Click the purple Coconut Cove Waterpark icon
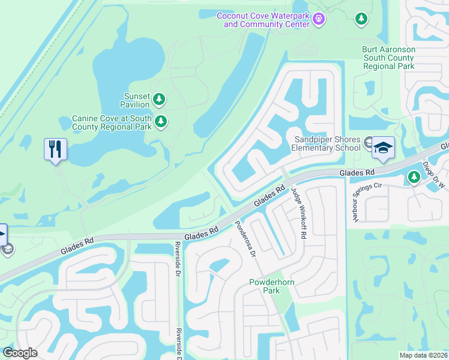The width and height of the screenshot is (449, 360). [319, 20]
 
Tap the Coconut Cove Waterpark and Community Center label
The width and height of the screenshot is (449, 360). [264, 20]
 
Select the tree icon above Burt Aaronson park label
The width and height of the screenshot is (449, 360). [361, 20]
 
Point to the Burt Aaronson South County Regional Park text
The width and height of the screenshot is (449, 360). [388, 58]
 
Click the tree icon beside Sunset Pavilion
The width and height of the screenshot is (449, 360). [158, 98]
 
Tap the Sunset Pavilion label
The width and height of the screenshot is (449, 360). [136, 100]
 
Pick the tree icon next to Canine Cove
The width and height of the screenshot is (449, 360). [160, 122]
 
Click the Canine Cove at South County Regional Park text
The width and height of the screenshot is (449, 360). [112, 122]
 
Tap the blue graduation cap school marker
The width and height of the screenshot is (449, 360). [382, 148]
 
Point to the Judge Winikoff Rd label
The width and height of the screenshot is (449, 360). [298, 213]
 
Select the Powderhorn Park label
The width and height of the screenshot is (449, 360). [265, 286]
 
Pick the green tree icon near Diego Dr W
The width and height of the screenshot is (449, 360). [414, 177]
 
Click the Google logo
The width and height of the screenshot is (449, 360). [20, 352]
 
